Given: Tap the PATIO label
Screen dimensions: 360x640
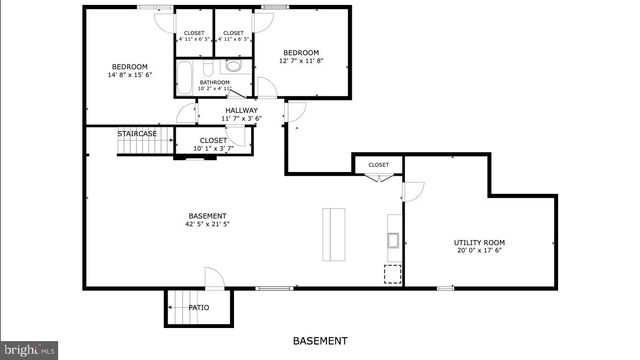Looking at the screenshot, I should (199, 307).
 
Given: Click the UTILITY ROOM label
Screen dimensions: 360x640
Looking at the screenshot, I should (479, 242).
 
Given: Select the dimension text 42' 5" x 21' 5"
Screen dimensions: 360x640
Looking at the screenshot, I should (207, 225).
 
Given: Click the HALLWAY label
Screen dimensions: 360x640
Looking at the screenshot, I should (241, 110).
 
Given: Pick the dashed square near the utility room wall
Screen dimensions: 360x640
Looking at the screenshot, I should (392, 273).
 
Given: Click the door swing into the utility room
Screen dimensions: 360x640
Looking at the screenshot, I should (415, 191).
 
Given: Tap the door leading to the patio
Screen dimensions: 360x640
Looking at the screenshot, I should (214, 278).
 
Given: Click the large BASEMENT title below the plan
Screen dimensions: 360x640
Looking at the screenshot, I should (320, 341).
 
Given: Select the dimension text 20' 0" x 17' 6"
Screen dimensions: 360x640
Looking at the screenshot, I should (479, 251).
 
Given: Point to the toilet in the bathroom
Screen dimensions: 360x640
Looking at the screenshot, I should (233, 66).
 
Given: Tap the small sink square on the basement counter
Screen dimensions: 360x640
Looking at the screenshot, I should (394, 239).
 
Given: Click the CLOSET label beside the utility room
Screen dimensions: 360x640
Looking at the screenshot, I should (378, 165).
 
